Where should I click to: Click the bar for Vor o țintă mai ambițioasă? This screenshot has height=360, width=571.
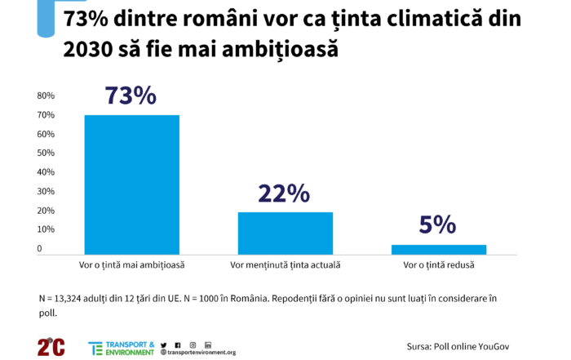[132, 184]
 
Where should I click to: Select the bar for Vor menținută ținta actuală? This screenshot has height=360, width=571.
[285, 233]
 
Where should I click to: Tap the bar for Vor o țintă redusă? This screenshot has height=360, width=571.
[438, 249]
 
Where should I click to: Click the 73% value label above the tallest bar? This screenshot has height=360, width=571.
[131, 96]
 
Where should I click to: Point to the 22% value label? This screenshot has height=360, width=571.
[284, 193]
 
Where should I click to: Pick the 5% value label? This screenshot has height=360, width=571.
[437, 225]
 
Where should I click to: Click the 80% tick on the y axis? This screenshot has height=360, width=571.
[46, 96]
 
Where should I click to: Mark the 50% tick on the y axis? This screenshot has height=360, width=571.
[46, 153]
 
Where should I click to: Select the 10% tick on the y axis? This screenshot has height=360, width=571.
[46, 230]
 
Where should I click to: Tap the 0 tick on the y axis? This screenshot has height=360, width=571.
[39, 249]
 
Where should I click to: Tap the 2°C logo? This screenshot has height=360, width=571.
[51, 345]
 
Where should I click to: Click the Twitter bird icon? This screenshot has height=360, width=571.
[164, 344]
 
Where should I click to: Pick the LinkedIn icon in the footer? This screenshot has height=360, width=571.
[208, 344]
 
